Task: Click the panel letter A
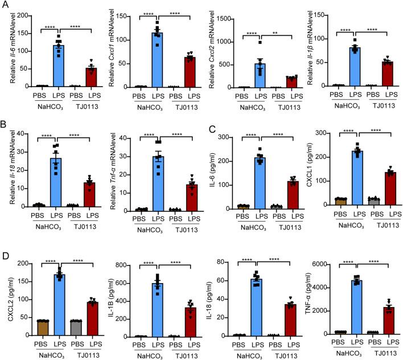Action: pyautogui.click(x=5, y=5)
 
